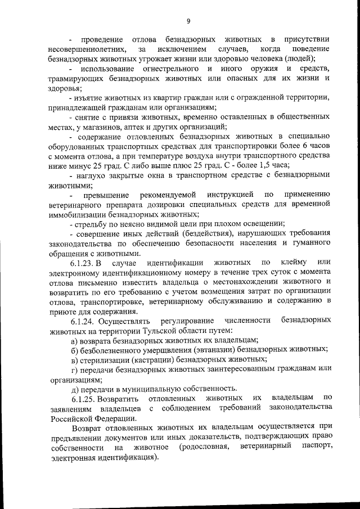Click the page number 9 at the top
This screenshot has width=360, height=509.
click(x=188, y=21)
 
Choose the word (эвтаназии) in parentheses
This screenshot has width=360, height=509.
click(x=214, y=350)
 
